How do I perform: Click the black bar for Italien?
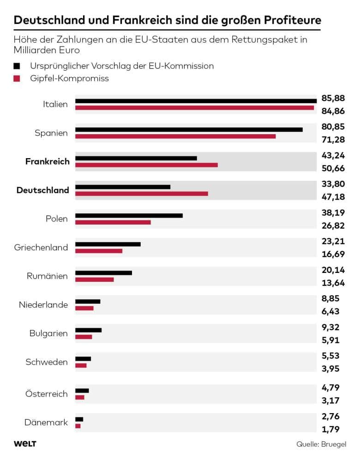[x=196, y=101]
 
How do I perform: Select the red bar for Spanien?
[x=175, y=136]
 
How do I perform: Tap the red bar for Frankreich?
[x=146, y=165]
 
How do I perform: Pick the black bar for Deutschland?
[x=123, y=187]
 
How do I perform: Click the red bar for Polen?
[x=113, y=222]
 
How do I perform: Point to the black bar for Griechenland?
[x=108, y=244]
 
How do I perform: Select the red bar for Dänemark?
[x=78, y=426]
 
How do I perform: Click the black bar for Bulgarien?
[x=89, y=330]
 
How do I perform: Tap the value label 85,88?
[x=333, y=98]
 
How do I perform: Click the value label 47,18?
[x=333, y=197]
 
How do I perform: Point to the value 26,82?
[x=333, y=225]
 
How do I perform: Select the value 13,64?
[x=333, y=283]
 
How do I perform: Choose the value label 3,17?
[x=330, y=400]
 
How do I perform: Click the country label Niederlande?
[x=43, y=305]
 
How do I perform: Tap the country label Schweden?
[x=47, y=362]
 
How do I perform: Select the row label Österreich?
[x=47, y=394]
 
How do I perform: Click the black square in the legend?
[x=17, y=66]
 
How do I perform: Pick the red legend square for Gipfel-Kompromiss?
[x=17, y=78]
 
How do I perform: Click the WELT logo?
[x=25, y=444]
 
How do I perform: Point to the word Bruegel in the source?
[x=334, y=444]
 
